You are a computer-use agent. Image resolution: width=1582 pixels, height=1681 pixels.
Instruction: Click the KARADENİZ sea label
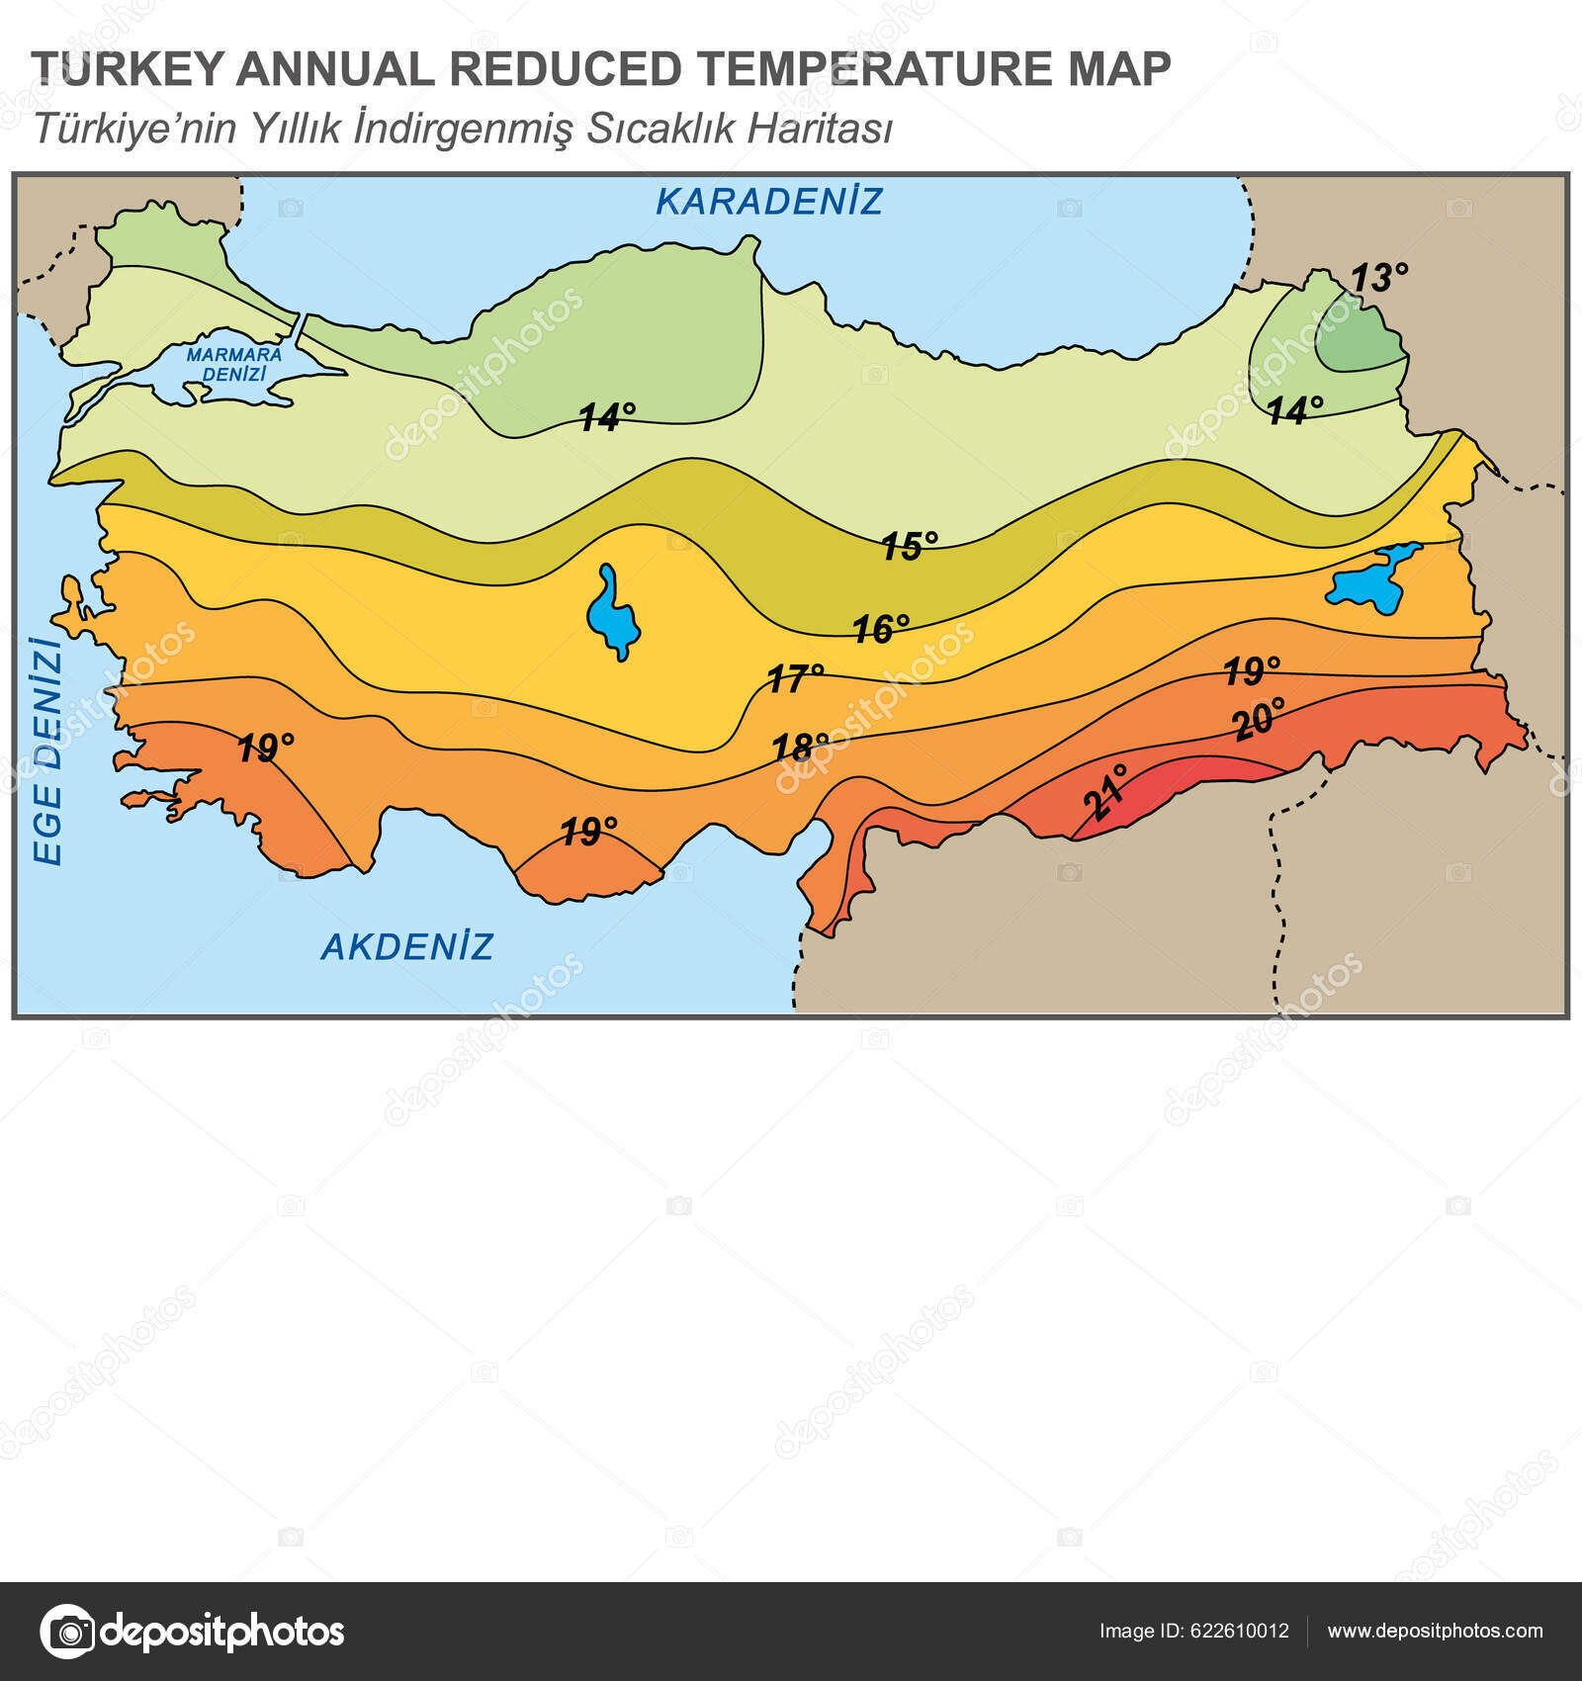(x=768, y=202)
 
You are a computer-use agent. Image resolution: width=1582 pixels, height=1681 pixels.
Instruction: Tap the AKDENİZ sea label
(x=406, y=947)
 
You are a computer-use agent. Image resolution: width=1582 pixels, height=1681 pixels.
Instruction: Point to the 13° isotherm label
(x=1378, y=279)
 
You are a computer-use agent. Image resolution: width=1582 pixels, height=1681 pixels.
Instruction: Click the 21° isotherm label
(x=1105, y=792)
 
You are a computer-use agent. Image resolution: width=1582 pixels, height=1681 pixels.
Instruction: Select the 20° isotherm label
(x=1260, y=719)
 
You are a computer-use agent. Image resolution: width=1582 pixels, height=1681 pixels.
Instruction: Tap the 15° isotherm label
(x=909, y=546)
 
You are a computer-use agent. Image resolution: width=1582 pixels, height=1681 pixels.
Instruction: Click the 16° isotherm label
(x=880, y=629)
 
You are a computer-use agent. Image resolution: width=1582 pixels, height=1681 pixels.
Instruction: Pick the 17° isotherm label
(x=795, y=678)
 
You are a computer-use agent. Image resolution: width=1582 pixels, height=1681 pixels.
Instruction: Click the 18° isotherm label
(x=799, y=747)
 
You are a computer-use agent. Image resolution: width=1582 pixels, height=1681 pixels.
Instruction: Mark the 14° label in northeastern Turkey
(x=1294, y=410)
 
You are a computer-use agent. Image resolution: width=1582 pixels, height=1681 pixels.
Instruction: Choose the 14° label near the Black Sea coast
(x=606, y=417)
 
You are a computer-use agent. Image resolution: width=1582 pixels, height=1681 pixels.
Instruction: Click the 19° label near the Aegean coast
(x=265, y=749)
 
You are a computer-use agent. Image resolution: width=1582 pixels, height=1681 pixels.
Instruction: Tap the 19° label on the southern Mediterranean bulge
(x=588, y=832)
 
